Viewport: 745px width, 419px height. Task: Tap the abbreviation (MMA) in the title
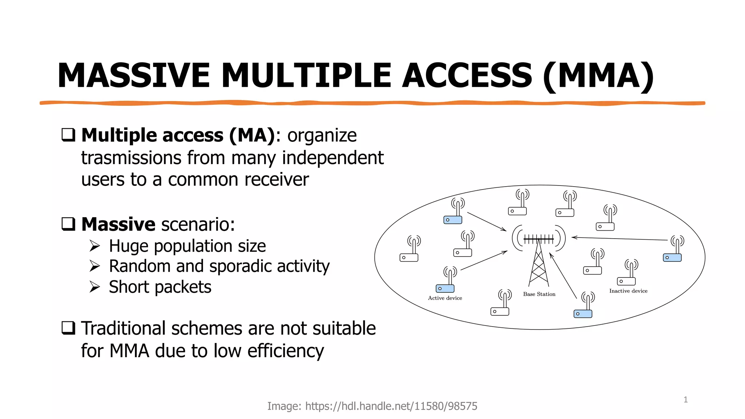598,76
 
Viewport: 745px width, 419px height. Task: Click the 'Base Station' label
539,294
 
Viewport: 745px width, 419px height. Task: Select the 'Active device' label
445,298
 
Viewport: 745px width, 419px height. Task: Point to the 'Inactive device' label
628,291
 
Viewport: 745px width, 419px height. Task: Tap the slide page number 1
685,400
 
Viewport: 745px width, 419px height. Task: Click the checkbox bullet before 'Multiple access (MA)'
68,135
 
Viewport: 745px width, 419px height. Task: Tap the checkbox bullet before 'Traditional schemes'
68,328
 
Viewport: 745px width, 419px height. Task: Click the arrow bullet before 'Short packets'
95,287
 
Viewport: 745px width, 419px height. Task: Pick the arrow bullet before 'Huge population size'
95,246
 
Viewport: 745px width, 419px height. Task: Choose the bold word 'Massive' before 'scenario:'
118,224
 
